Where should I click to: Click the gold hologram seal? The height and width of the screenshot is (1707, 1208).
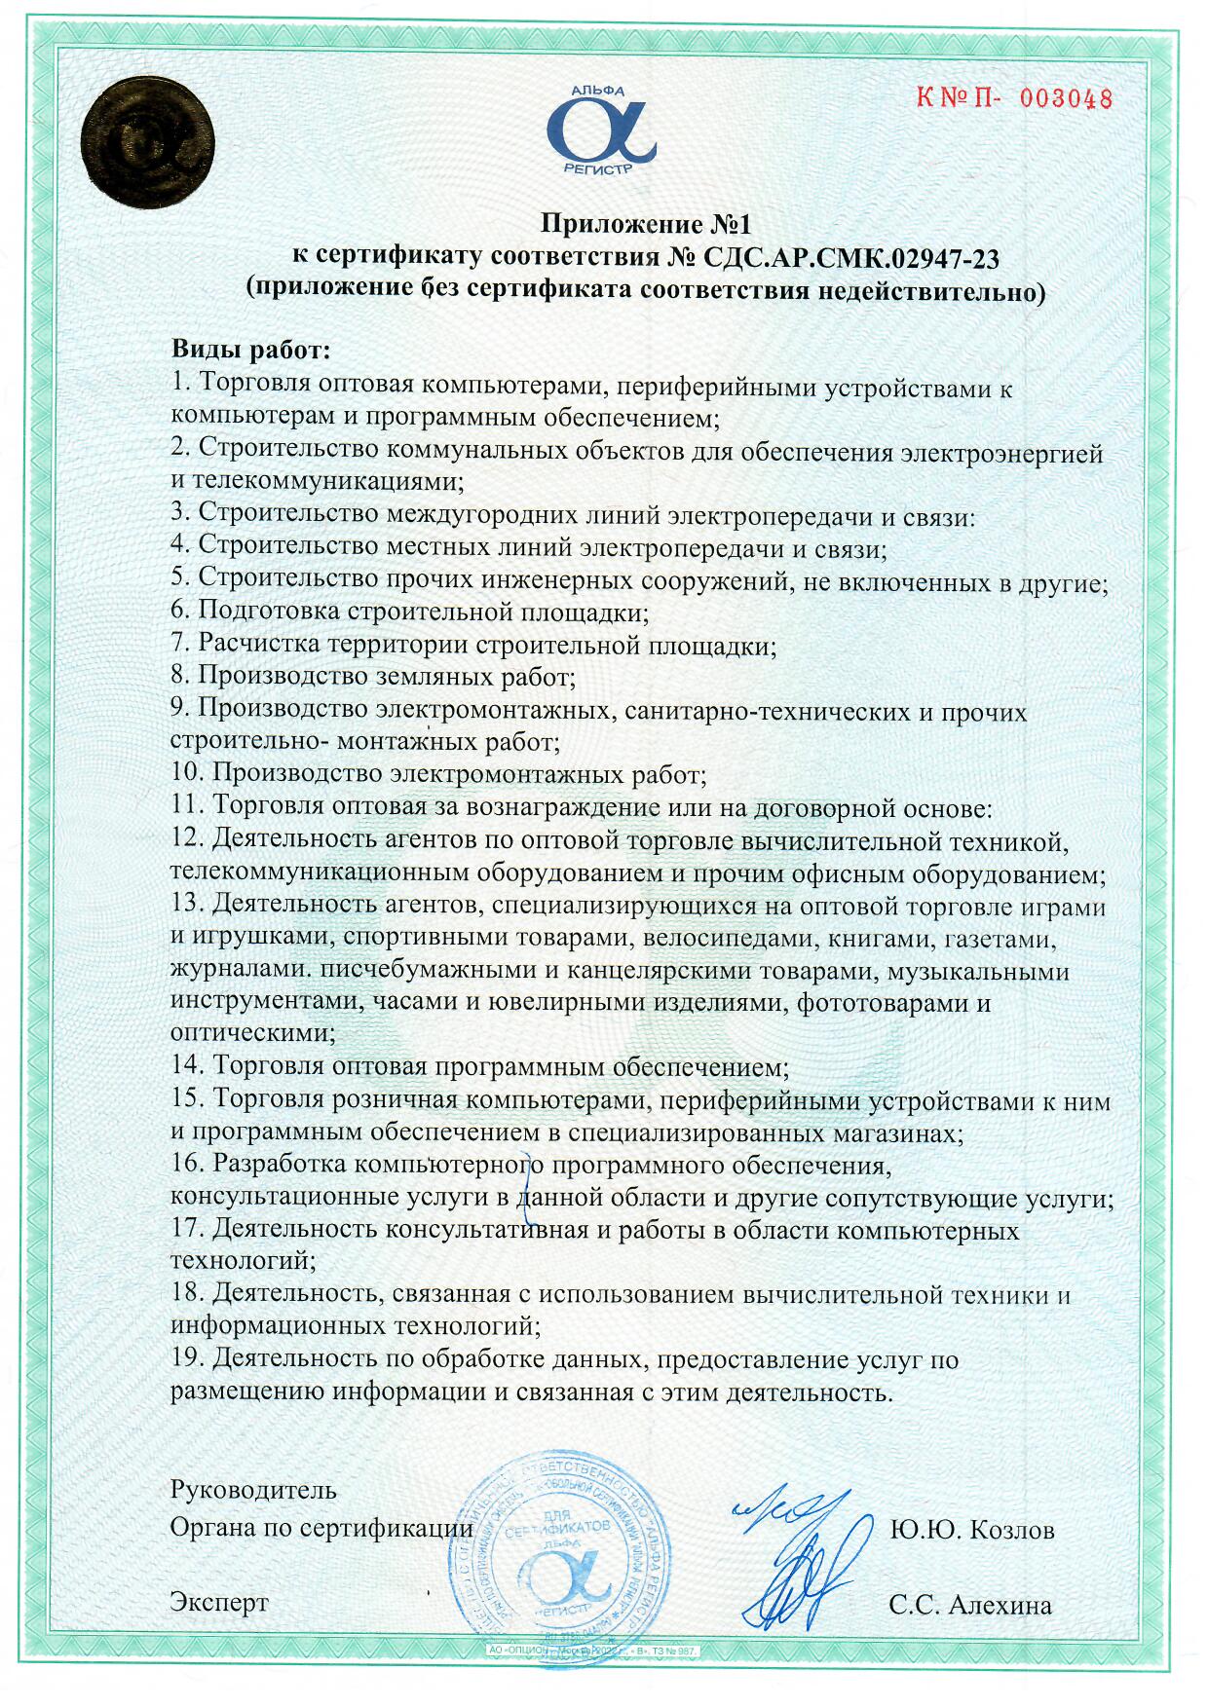[x=147, y=142]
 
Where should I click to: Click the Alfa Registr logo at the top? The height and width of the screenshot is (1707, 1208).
[x=600, y=130]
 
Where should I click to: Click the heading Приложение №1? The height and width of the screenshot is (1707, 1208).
[x=646, y=225]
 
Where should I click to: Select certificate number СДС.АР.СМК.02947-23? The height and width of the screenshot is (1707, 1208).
[x=850, y=258]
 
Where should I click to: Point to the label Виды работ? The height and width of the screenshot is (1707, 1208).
[x=251, y=350]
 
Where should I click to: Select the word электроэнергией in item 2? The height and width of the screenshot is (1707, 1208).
[x=1001, y=453]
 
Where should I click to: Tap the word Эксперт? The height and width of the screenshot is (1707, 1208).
[x=219, y=1602]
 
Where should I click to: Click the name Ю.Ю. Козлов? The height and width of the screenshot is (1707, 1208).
[x=971, y=1530]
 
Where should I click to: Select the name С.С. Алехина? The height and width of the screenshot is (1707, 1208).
[x=969, y=1606]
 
